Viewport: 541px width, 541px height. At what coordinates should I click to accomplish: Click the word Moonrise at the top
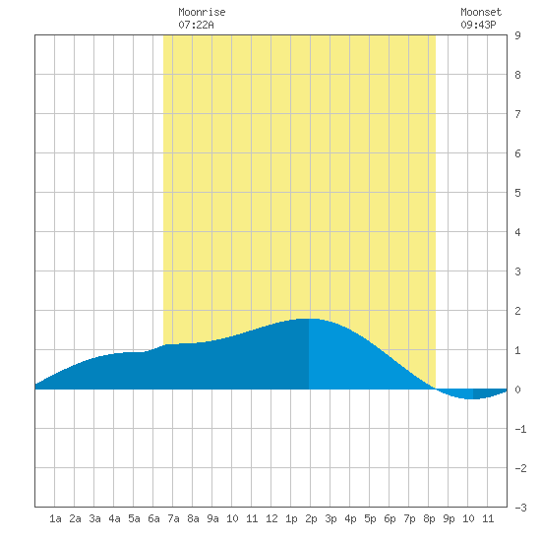pos(202,12)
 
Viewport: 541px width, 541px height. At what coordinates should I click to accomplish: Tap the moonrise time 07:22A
pos(196,25)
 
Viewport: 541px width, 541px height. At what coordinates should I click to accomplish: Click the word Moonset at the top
pos(481,12)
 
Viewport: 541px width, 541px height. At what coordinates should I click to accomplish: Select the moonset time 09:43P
pos(478,25)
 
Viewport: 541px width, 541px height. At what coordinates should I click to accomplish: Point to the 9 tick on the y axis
pos(517,35)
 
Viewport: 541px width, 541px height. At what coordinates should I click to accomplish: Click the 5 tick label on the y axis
pos(517,193)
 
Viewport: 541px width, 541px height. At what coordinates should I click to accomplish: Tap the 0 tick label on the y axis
pos(517,390)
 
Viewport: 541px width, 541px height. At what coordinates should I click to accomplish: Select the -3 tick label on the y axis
pos(520,508)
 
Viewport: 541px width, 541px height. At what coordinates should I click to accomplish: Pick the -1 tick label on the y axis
pos(520,429)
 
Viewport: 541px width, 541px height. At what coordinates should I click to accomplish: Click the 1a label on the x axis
pos(55,518)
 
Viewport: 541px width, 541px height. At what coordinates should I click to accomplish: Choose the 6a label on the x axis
pos(153,518)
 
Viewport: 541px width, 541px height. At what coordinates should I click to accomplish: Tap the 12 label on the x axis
pos(271,518)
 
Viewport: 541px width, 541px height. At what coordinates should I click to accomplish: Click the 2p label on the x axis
pos(311,518)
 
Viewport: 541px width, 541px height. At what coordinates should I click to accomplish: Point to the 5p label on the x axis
pos(370,518)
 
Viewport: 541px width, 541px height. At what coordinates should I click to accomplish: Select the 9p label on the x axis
pos(449,518)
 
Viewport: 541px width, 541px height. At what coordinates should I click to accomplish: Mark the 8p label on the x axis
pos(429,518)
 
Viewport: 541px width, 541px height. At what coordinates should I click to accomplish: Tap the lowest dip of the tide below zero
pos(470,398)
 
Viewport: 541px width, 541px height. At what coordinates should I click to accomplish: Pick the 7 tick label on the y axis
pos(517,114)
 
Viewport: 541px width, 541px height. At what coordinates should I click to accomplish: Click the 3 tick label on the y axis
pos(517,271)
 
